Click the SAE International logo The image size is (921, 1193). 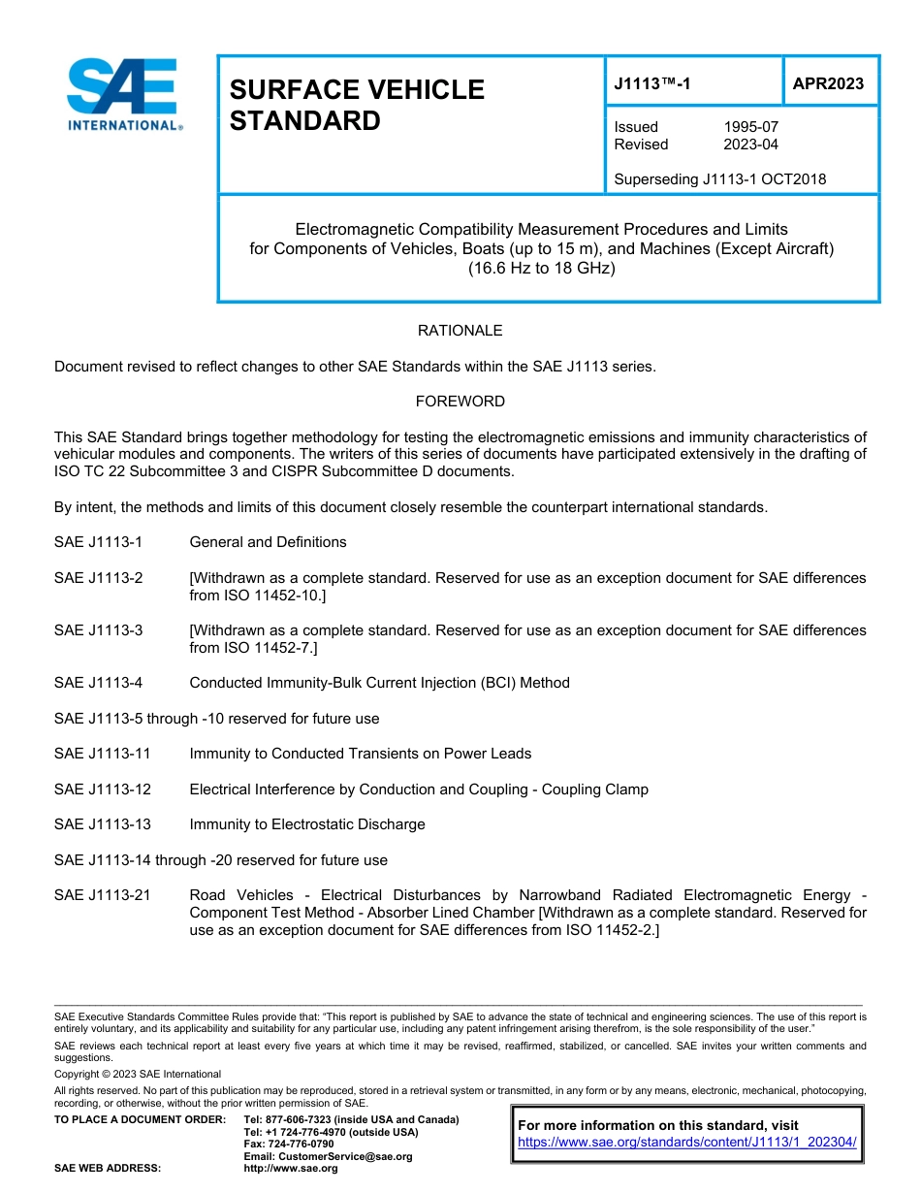(122, 94)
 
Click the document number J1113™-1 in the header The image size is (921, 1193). (652, 83)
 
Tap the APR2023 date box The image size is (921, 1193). (828, 83)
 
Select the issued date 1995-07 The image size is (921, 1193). (750, 127)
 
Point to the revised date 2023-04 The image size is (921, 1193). (750, 145)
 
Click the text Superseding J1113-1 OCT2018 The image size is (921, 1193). (719, 179)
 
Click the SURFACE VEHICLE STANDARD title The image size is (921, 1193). (356, 105)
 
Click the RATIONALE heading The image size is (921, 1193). (460, 331)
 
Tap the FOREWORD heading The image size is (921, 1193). (460, 402)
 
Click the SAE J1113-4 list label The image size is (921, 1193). (98, 683)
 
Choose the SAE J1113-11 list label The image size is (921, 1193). (102, 754)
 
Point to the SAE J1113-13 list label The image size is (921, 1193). (102, 824)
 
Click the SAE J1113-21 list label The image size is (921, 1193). (102, 895)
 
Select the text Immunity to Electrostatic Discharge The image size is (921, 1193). (306, 824)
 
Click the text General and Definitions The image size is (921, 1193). (268, 542)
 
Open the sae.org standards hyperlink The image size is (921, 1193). (687, 1143)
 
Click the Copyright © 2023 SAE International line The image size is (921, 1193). (138, 1074)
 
